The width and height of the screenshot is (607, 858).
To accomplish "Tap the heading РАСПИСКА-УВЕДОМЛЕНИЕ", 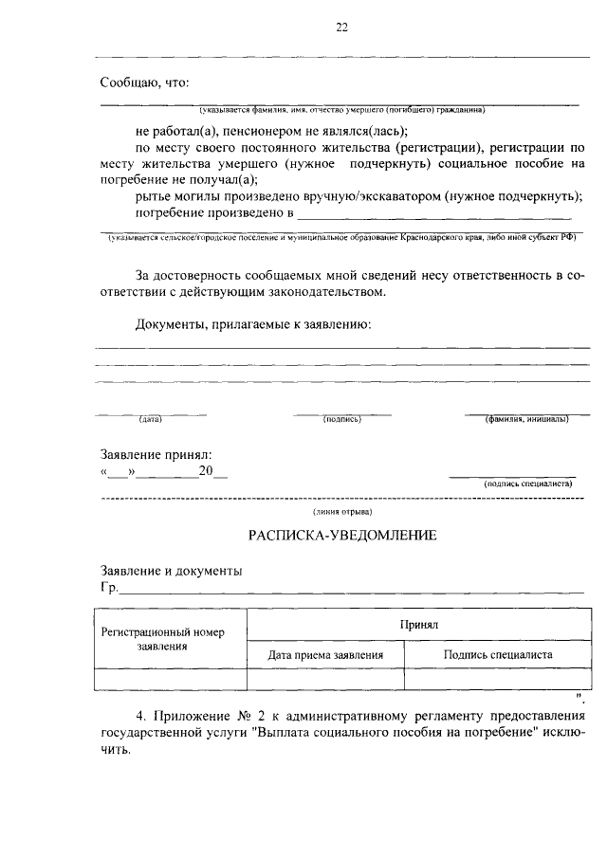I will pos(342,535).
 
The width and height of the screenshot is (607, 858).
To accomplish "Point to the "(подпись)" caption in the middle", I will pos(341,419).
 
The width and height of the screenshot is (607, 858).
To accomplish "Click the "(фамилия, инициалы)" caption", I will pos(526,419).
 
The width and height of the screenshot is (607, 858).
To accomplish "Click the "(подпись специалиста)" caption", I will pos(527,483).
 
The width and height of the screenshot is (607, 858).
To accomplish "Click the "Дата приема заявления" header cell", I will pos(325,654).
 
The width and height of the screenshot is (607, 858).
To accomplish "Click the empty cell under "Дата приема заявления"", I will pos(325,679).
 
